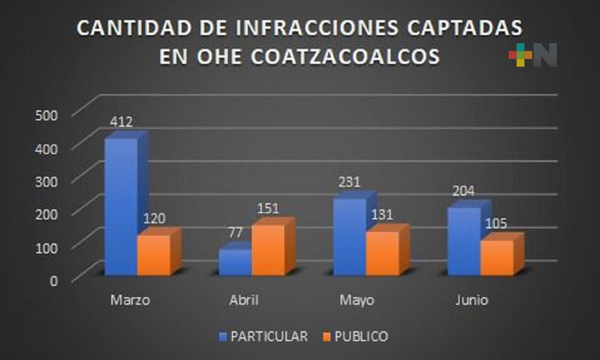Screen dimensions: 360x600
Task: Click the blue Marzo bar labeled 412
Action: (121, 206)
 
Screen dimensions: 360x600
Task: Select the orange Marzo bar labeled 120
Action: (153, 255)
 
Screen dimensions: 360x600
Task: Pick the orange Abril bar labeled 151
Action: (268, 250)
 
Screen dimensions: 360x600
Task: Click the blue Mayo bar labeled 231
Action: (349, 237)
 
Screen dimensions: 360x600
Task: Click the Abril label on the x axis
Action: (243, 300)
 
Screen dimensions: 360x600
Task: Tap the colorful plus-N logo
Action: (533, 55)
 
